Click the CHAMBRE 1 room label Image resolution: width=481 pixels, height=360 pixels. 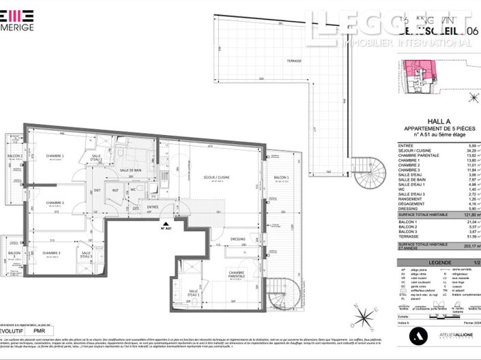tap(55, 156)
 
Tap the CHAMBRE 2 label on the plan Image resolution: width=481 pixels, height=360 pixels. tap(55, 202)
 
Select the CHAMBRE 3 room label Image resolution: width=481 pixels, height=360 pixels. tap(52, 254)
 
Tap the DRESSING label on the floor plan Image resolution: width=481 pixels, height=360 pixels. tap(237, 239)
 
